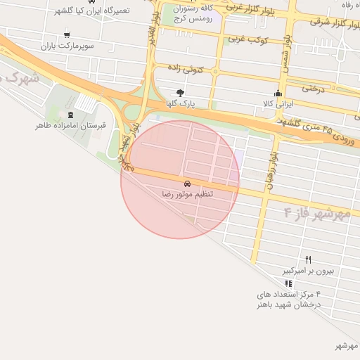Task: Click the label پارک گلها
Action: [x=181, y=103]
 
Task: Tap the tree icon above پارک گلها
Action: [x=181, y=93]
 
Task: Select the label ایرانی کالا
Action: [x=278, y=104]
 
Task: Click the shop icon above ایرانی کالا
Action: [x=278, y=94]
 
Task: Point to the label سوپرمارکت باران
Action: [x=66, y=45]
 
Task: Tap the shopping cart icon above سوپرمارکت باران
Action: [x=66, y=34]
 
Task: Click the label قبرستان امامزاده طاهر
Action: [x=70, y=125]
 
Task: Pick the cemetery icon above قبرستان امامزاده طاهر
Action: [x=70, y=115]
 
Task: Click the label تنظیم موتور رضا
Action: [x=186, y=193]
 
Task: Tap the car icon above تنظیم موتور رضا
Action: [x=186, y=182]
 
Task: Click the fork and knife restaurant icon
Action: [x=308, y=260]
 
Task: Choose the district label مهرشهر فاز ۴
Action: [x=316, y=212]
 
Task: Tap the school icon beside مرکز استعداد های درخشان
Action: [x=288, y=283]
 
